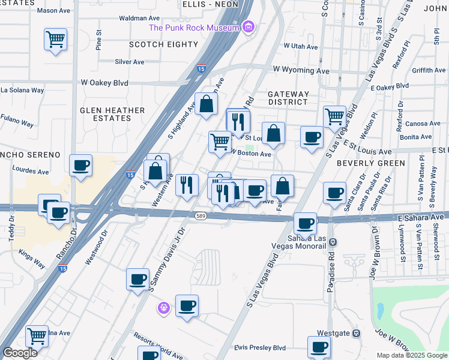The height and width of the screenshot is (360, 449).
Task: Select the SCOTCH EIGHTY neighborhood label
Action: [x=164, y=44]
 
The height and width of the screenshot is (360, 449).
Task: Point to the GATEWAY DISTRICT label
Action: [x=288, y=98]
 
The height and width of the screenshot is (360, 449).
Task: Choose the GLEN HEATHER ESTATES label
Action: [x=113, y=114]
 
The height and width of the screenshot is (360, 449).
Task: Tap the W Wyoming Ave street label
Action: [x=301, y=70]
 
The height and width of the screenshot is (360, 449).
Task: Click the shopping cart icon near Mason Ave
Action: [x=55, y=40]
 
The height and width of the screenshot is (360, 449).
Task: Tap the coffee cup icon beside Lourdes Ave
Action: [x=80, y=165]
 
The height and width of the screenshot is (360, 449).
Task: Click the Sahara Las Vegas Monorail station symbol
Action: [x=334, y=242]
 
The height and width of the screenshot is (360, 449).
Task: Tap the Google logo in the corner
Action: [x=20, y=353]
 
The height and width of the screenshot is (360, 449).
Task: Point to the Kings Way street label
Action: [x=31, y=256]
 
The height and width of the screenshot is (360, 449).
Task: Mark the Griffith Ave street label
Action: [x=429, y=70]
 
